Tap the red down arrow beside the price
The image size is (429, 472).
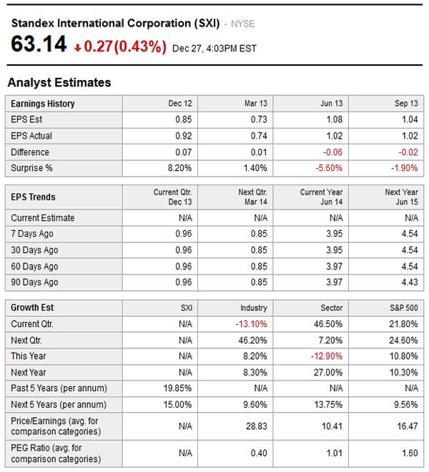click(x=77, y=48)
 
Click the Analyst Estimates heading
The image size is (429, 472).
click(x=59, y=82)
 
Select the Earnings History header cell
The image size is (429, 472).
click(x=43, y=104)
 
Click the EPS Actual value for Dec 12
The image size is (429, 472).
click(x=183, y=136)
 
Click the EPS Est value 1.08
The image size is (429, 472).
click(x=334, y=119)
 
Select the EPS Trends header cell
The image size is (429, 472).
click(x=34, y=197)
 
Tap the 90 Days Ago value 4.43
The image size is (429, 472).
click(x=408, y=282)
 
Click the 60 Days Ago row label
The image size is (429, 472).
click(x=34, y=267)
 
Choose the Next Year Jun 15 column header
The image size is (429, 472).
click(x=401, y=197)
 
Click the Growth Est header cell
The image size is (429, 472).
click(x=32, y=308)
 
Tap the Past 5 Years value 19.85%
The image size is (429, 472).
click(x=178, y=388)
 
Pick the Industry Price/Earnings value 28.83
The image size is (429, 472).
click(x=257, y=426)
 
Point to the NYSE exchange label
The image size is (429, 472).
click(x=243, y=24)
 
